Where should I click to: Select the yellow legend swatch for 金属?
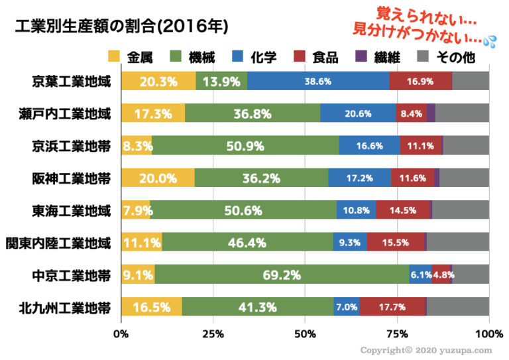click(113, 58)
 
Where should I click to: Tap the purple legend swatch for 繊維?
click(361, 58)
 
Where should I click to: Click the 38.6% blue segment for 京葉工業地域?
click(318, 82)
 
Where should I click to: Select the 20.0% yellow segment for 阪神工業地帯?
click(158, 178)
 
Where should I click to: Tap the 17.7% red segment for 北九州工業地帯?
click(392, 308)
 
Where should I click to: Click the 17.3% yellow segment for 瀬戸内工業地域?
click(153, 114)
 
